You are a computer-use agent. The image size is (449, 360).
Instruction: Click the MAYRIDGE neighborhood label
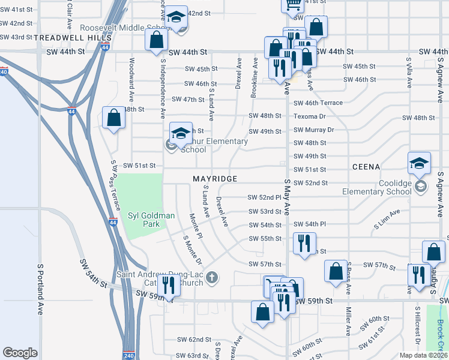pos(215,179)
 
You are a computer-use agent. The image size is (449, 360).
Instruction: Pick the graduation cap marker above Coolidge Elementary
pos(419,163)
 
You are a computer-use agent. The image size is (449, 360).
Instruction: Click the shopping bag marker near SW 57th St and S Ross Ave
pos(336,271)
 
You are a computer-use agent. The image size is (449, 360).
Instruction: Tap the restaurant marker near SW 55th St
pos(304,243)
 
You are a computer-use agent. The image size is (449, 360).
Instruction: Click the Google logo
pos(20,353)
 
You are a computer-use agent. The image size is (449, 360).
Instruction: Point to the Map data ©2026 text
pos(423,355)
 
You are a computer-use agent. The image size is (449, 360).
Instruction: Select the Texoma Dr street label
pos(310,116)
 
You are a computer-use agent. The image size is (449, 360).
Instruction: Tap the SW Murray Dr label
pos(313,130)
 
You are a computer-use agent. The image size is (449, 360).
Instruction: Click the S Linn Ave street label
pos(387,220)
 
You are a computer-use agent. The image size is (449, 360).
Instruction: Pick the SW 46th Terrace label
pos(318,103)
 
